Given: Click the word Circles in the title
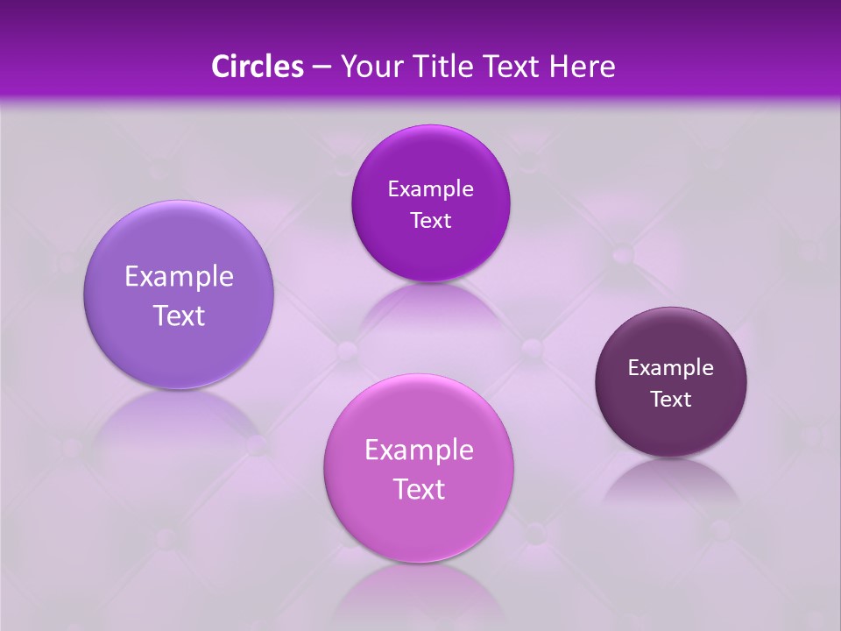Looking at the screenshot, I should [257, 67].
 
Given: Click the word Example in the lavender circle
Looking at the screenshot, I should [179, 277].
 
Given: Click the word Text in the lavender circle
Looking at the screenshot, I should [179, 315].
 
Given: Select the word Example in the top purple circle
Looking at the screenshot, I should [430, 189].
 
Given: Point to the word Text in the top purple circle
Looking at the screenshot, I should [430, 221].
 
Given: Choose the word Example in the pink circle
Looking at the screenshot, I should [419, 450].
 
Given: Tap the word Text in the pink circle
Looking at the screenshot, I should [419, 489].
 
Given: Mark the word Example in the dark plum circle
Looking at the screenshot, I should [671, 368].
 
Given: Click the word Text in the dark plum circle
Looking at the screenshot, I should [671, 400].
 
